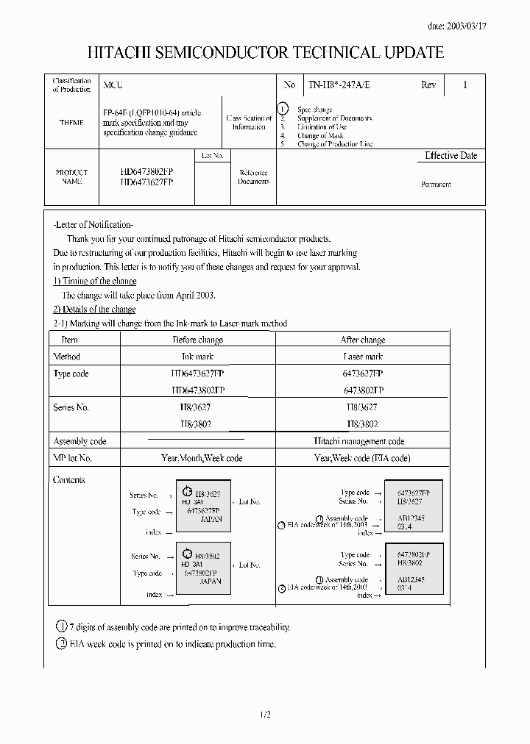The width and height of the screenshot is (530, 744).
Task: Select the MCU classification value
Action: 113,85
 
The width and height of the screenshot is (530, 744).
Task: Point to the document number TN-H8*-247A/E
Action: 339,85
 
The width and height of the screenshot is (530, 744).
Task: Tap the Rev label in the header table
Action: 428,85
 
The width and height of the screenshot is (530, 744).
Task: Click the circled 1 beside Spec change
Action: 283,109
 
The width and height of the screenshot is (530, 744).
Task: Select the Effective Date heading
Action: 451,156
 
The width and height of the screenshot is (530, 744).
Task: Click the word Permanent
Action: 436,185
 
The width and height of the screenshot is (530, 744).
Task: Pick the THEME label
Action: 71,123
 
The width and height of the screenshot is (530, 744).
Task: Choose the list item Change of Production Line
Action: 335,144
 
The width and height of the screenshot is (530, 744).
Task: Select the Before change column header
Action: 197,340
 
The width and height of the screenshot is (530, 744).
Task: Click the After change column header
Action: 362,340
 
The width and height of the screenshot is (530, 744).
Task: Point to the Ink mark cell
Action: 197,357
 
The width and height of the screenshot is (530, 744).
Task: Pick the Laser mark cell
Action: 362,357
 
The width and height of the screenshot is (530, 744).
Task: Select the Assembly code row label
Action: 79,441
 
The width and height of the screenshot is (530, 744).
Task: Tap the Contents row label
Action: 69,480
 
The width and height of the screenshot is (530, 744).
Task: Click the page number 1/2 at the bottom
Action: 265,715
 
